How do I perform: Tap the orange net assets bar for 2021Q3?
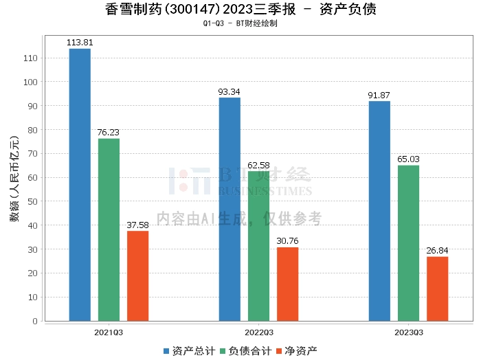137,275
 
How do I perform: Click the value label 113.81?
80,43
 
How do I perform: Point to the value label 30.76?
287,241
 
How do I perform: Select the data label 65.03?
408,159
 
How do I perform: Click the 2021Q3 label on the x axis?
109,332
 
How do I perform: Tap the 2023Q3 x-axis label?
408,332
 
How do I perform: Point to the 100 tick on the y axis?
31,82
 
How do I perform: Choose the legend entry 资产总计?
187,351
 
